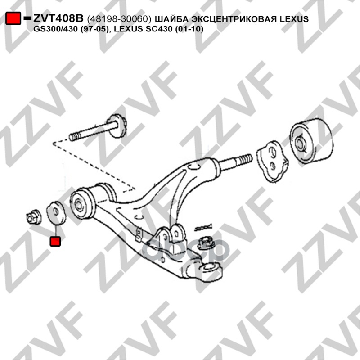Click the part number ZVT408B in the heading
(x=58, y=19)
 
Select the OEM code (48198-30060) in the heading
(x=119, y=19)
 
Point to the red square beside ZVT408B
(x=13, y=19)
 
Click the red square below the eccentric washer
(x=55, y=241)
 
